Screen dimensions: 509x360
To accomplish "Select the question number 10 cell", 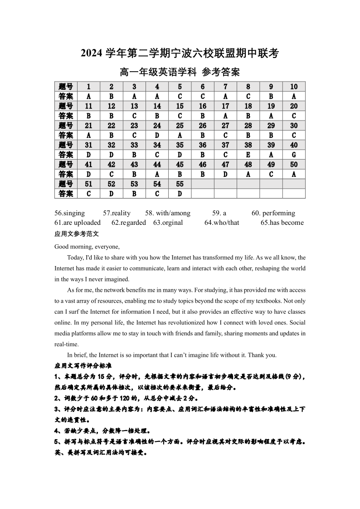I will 294,87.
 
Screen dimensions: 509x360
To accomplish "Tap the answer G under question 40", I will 294,155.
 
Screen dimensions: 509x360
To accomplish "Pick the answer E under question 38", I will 248,155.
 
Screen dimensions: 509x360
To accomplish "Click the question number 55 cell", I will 180,184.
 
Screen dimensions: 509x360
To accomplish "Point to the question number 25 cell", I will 180,126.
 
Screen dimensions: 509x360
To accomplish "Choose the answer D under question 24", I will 157,135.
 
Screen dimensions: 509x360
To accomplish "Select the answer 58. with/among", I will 168,213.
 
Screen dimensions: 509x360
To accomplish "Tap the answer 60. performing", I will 273,213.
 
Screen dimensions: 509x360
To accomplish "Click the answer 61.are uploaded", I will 78,223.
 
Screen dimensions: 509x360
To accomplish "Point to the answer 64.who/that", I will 222,223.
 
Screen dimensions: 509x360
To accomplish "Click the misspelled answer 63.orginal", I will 168,223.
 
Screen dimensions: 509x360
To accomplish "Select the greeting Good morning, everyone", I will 87,247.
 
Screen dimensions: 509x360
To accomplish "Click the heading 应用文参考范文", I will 76,234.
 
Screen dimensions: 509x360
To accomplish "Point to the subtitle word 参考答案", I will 221,72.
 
